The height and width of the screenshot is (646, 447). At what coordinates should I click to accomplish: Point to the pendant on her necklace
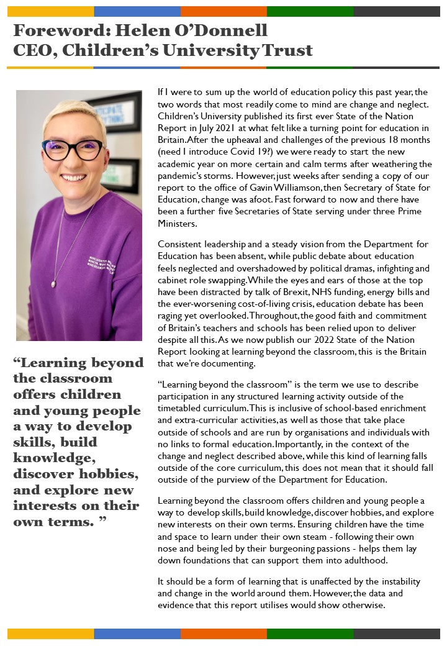pos(54,284)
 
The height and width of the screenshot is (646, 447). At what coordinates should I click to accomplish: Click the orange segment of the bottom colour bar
pos(223,634)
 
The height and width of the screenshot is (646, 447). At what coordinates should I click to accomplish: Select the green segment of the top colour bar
pos(310,11)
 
